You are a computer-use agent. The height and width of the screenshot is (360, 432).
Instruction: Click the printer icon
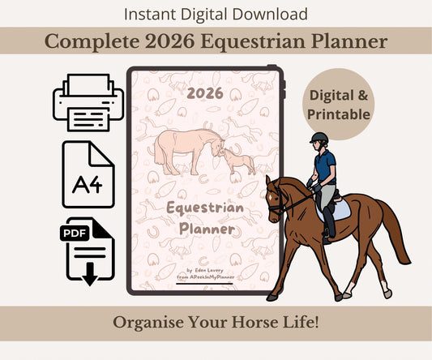tap(88, 102)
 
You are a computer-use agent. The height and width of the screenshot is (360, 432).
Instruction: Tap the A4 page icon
tap(88, 174)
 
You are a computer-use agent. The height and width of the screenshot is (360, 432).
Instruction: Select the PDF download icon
tap(88, 251)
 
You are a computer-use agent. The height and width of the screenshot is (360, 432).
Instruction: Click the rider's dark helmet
tap(319, 138)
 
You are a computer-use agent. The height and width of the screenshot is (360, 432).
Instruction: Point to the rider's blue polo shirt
tap(325, 167)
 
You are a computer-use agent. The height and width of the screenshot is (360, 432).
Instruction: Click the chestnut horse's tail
tap(394, 232)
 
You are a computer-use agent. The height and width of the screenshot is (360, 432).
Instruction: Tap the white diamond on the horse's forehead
tap(271, 197)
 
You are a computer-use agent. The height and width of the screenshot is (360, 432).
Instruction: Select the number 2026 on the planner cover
tap(205, 93)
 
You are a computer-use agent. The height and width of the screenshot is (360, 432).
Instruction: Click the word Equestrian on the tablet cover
tap(205, 208)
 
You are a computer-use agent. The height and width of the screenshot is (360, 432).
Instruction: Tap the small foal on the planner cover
tap(237, 162)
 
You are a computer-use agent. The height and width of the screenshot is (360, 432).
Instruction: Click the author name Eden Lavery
tap(209, 270)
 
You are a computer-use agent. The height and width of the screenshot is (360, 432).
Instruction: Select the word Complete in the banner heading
tap(92, 41)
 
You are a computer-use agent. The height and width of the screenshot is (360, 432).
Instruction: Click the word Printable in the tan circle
tap(339, 114)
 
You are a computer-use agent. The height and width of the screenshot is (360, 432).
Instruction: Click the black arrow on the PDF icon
tap(90, 274)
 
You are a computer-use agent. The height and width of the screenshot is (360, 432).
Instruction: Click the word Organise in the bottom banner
tap(148, 323)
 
